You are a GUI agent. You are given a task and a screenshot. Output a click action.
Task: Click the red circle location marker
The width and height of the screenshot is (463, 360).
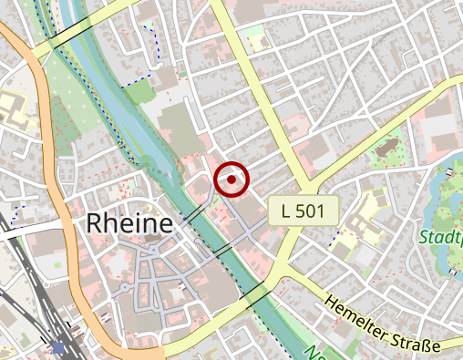(x=232, y=180)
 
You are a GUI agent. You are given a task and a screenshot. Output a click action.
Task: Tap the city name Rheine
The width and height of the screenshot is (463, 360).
(x=129, y=223)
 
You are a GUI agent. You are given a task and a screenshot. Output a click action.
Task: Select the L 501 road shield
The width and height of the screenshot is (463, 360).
(x=304, y=211)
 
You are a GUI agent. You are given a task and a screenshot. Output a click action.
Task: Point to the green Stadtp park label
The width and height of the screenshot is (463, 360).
(x=440, y=238)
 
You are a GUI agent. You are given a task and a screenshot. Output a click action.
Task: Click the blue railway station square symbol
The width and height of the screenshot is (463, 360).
(x=59, y=347)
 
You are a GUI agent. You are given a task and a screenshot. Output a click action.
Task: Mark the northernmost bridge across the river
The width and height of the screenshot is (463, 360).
(x=69, y=34)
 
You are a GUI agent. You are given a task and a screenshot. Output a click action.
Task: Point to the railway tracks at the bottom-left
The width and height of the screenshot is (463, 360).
(x=36, y=310)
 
